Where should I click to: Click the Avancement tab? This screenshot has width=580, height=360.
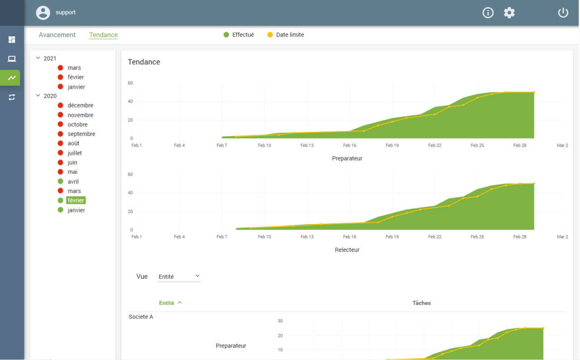click(57, 35)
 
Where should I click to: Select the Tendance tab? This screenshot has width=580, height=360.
click(103, 35)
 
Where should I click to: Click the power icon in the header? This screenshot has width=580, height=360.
click(563, 12)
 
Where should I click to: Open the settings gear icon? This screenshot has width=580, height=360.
click(509, 12)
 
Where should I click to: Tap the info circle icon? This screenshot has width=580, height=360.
click(488, 12)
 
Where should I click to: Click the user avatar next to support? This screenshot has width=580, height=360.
click(43, 12)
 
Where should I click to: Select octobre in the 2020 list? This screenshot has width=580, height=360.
click(77, 125)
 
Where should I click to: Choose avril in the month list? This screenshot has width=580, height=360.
click(73, 182)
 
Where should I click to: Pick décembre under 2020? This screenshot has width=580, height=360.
click(80, 106)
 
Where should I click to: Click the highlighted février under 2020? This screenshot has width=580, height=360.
click(76, 200)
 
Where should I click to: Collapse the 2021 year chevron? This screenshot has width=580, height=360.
click(38, 58)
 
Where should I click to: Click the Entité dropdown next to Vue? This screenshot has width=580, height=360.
click(179, 277)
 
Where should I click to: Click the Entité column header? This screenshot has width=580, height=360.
click(166, 303)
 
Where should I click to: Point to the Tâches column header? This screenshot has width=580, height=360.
click(421, 303)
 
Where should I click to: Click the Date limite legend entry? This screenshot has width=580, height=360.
click(285, 35)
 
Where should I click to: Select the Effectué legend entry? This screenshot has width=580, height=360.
click(239, 35)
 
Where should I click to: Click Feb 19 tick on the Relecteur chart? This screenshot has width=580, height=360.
click(392, 236)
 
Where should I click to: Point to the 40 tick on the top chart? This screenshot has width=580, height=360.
click(130, 101)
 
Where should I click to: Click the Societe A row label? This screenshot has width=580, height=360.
click(140, 317)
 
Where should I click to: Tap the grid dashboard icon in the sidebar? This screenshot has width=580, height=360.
click(12, 39)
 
